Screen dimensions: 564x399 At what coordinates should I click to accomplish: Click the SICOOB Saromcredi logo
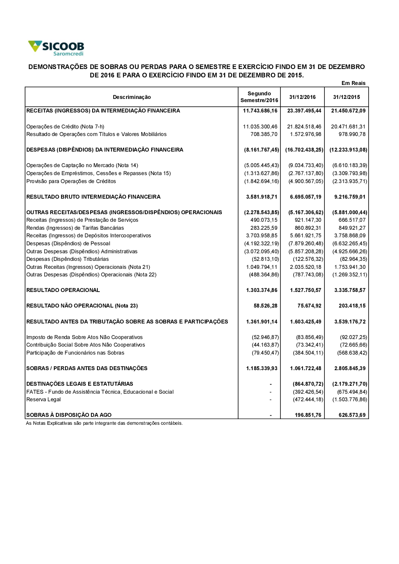click(56, 48)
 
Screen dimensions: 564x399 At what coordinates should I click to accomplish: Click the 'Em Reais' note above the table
click(353, 83)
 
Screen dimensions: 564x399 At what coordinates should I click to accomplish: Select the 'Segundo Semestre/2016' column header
click(259, 97)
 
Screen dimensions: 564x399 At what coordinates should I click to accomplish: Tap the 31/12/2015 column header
click(346, 97)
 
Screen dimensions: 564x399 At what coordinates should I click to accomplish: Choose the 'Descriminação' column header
click(132, 97)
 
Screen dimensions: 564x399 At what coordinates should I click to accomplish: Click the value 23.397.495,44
click(304, 110)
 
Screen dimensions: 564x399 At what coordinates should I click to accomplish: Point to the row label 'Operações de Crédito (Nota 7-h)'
click(65, 126)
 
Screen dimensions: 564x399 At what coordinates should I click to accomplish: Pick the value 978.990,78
click(352, 134)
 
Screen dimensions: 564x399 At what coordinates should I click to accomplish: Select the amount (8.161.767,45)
click(262, 150)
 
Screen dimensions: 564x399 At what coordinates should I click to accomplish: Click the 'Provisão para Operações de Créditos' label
click(71, 181)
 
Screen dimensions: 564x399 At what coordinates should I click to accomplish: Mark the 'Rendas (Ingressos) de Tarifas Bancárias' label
click(75, 228)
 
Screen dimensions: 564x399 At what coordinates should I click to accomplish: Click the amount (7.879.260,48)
click(306, 243)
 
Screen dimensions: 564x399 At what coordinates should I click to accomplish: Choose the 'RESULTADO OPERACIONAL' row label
click(63, 290)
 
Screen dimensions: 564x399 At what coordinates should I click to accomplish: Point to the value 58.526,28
click(265, 306)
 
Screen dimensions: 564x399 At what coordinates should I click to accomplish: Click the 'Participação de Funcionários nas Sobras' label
click(75, 353)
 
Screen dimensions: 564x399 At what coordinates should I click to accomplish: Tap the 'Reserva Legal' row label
click(43, 399)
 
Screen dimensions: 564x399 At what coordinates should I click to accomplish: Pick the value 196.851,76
click(308, 415)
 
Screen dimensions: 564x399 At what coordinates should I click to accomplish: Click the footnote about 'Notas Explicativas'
click(104, 423)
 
